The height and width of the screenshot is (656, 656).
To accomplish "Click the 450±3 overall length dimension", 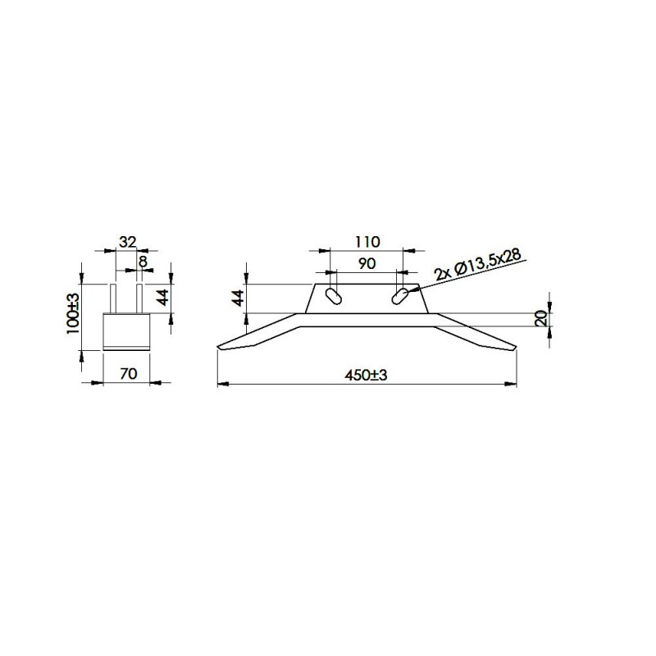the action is click(366, 375).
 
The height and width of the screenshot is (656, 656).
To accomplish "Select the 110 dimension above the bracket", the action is click(367, 242).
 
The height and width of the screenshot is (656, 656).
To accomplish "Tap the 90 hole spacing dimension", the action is click(367, 263).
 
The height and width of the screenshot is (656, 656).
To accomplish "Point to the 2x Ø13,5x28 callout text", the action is click(478, 265).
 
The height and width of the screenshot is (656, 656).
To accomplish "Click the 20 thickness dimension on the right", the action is click(540, 318).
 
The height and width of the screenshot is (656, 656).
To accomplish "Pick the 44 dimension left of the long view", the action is click(239, 298).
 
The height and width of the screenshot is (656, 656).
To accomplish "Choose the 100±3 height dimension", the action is click(72, 313).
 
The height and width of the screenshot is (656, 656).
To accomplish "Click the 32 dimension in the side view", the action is click(128, 242).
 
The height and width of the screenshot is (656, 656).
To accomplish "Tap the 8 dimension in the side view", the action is click(143, 262).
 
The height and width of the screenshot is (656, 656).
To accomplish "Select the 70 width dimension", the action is click(129, 374).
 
